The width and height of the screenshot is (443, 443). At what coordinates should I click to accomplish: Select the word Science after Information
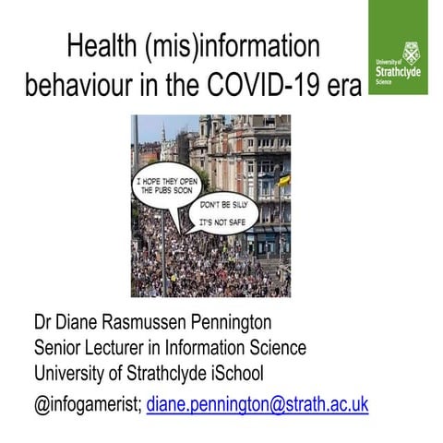[x=275, y=348]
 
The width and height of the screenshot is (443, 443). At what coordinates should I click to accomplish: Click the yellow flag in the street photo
[x=283, y=179]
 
